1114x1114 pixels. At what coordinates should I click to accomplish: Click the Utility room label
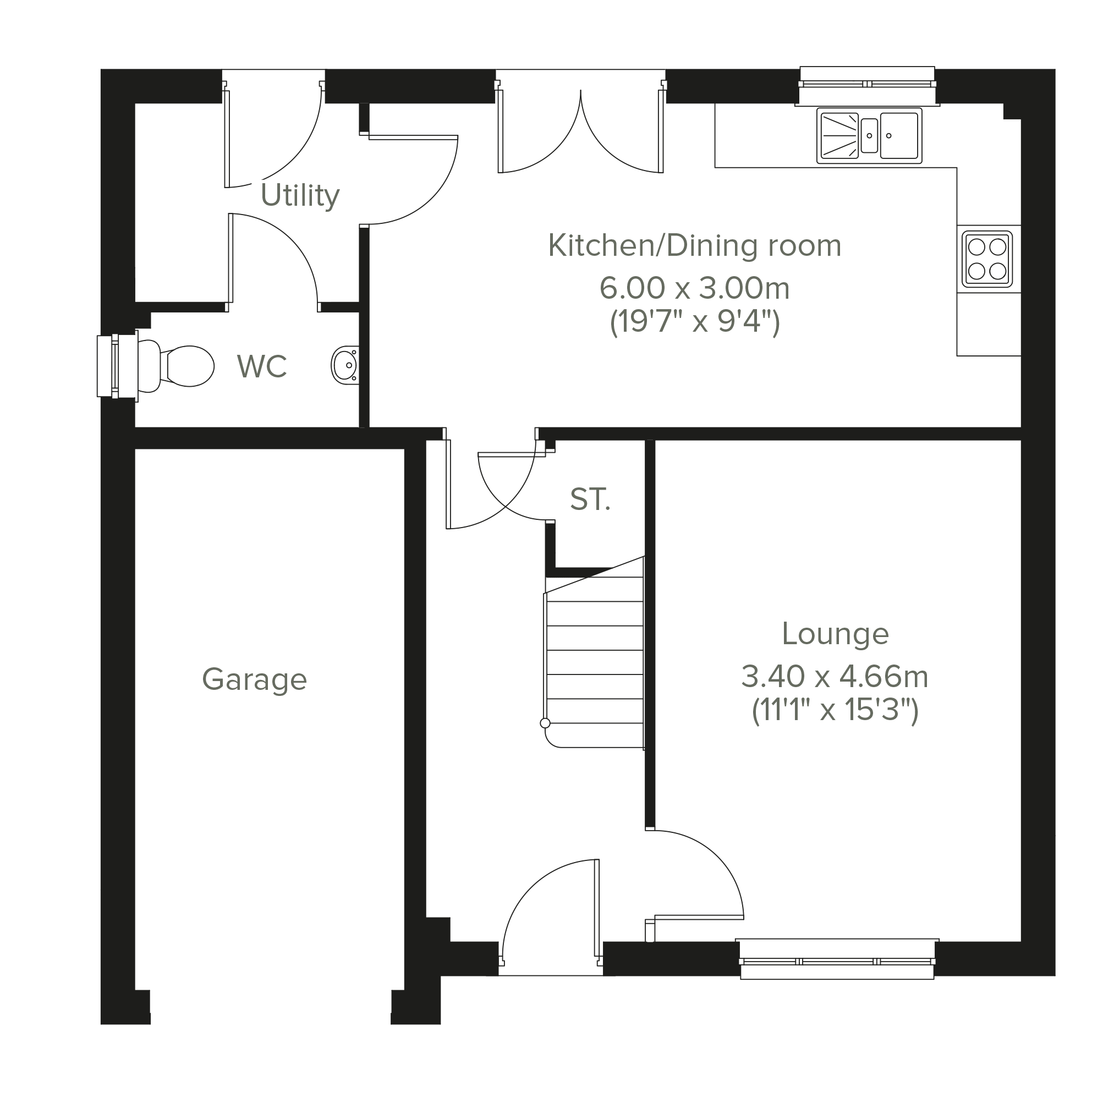coord(300,195)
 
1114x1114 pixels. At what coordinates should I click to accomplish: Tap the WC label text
coord(262,366)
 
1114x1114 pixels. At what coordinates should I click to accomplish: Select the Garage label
coord(254,679)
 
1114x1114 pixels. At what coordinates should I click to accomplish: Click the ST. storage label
coord(590,500)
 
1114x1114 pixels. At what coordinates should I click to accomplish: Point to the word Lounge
coord(835,634)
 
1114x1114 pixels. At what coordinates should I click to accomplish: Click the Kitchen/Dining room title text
coord(694,246)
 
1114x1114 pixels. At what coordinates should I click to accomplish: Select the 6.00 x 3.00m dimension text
coord(694,288)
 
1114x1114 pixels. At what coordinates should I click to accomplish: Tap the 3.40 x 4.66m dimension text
coord(835,676)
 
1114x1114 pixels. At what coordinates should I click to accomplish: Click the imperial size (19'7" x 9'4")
coord(695,322)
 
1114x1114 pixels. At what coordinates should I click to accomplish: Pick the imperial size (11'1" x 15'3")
coord(835,710)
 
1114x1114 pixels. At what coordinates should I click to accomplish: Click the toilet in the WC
coord(177,366)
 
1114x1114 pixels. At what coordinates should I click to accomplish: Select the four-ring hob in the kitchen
coord(987,259)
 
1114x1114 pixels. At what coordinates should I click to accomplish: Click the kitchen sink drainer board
coord(839,135)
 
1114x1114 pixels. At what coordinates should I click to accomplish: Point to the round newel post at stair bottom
coord(545,723)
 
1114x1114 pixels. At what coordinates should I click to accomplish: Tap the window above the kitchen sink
coord(867,85)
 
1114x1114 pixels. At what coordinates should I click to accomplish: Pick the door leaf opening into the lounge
coord(699,917)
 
